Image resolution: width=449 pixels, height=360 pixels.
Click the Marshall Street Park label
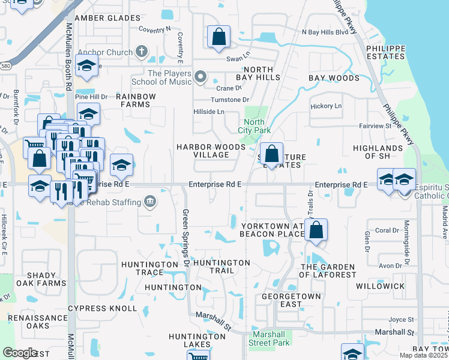pyautogui.click(x=271, y=339)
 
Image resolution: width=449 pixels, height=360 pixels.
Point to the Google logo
pyautogui.click(x=20, y=352)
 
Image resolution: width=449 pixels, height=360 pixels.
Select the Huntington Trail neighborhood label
pyautogui.click(x=221, y=266)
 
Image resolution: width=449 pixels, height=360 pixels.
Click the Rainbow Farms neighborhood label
pyautogui.click(x=136, y=100)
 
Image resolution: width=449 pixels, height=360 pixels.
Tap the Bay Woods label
pyautogui.click(x=334, y=78)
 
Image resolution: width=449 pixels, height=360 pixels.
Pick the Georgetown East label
pyautogui.click(x=282, y=300)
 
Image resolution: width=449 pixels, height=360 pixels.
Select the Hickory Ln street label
pyautogui.click(x=326, y=106)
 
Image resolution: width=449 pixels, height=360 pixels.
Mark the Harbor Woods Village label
pyautogui.click(x=202, y=151)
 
